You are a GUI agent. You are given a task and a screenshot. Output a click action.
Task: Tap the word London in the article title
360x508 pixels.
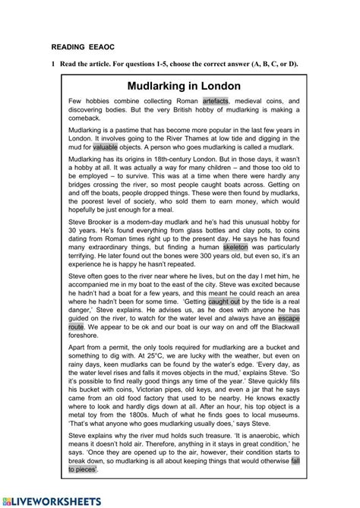point(217,86)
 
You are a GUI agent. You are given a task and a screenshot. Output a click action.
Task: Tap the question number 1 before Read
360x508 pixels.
point(54,64)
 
